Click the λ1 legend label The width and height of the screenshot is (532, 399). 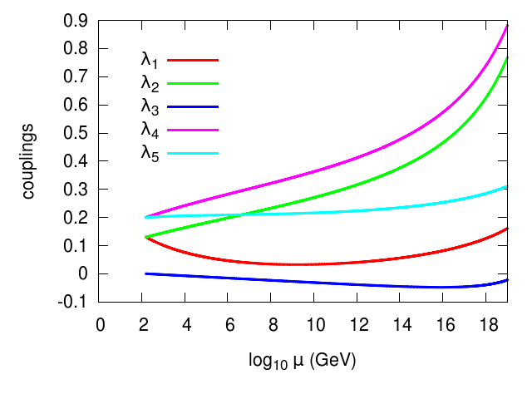click(x=150, y=60)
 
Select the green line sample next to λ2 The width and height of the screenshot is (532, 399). click(x=193, y=83)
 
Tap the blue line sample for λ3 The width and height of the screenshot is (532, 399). click(x=193, y=106)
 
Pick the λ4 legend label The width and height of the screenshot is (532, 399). click(x=150, y=131)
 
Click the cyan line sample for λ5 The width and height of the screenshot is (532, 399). click(x=193, y=153)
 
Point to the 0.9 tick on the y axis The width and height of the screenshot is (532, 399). click(x=81, y=21)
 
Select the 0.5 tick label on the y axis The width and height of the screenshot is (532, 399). click(x=81, y=133)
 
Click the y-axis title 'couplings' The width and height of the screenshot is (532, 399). click(x=29, y=161)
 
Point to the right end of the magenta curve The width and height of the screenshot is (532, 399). click(x=507, y=26)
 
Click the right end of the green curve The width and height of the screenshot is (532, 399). click(x=507, y=57)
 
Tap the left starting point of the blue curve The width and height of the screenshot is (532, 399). click(x=146, y=273)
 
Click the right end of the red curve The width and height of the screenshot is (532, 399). click(x=507, y=228)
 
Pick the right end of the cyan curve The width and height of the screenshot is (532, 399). click(x=507, y=187)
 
